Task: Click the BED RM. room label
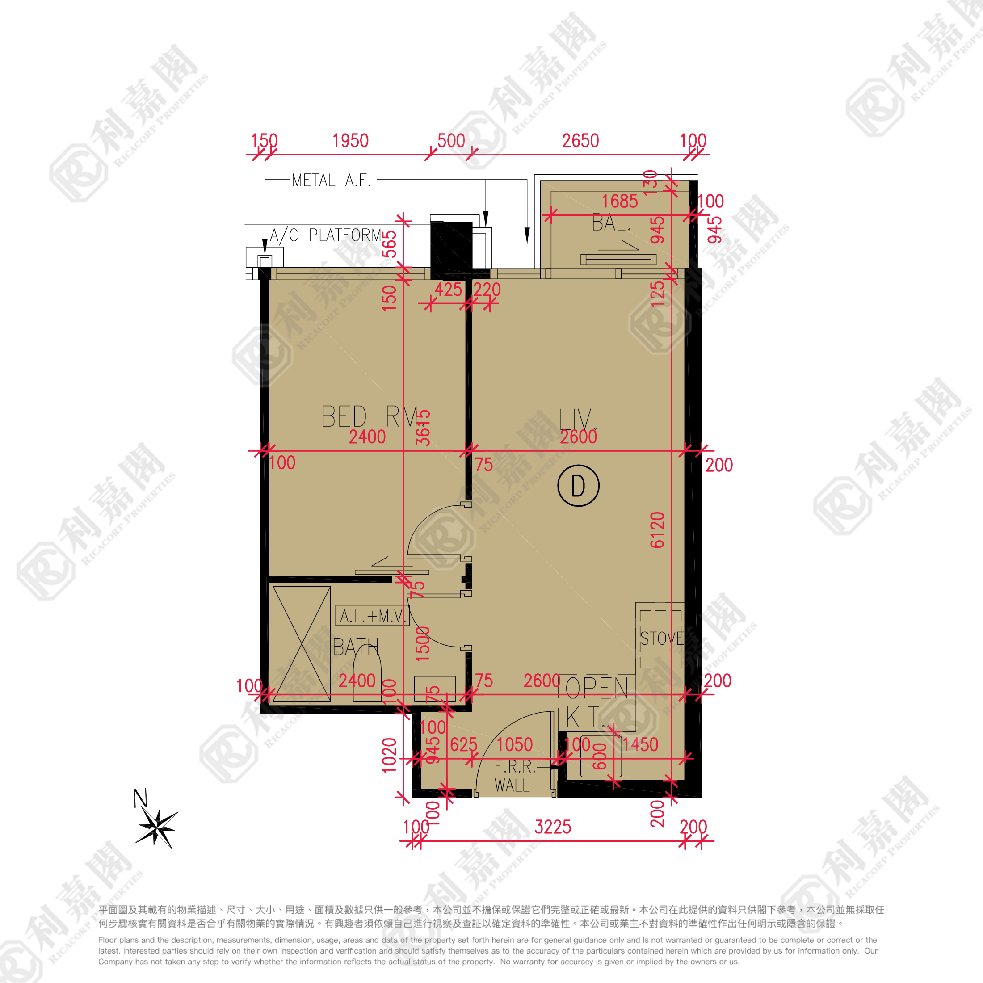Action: pyautogui.click(x=370, y=417)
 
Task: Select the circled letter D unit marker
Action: pyautogui.click(x=578, y=486)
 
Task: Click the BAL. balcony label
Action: pyautogui.click(x=611, y=223)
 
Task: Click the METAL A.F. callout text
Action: pyautogui.click(x=331, y=181)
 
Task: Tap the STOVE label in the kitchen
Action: pyautogui.click(x=661, y=638)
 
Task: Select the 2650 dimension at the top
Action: pyautogui.click(x=580, y=141)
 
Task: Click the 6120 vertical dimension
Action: pyautogui.click(x=657, y=529)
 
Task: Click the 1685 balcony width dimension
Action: pyautogui.click(x=619, y=202)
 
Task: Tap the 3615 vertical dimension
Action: pyautogui.click(x=423, y=428)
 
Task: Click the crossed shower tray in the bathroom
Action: pyautogui.click(x=302, y=643)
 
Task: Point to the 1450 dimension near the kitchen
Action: pyautogui.click(x=640, y=745)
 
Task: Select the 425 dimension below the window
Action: pyautogui.click(x=448, y=290)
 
